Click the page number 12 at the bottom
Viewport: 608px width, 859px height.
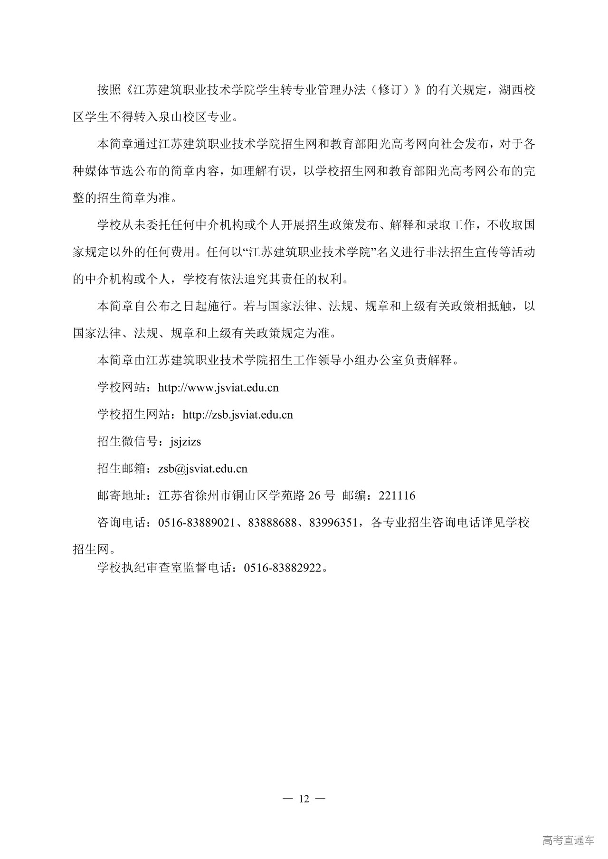point(304,799)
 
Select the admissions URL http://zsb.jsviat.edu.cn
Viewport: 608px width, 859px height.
point(237,415)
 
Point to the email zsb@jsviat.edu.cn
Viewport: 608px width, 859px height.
point(203,469)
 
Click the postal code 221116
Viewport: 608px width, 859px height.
point(397,496)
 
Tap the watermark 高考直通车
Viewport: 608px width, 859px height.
point(568,840)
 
